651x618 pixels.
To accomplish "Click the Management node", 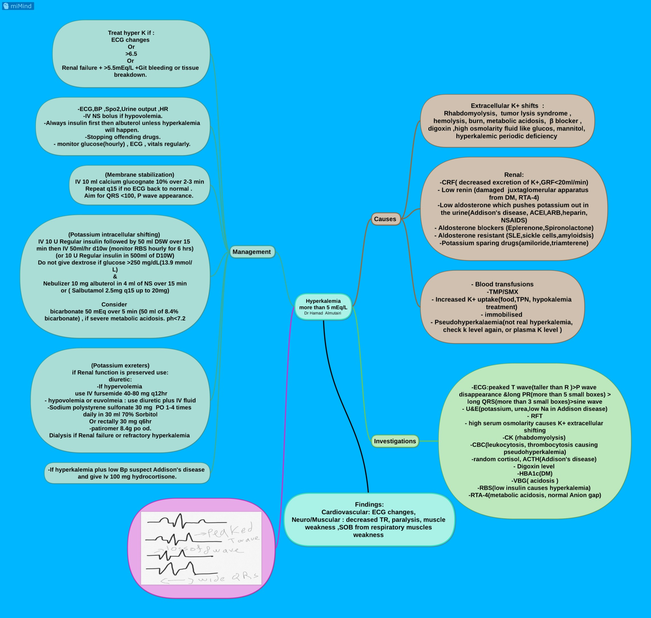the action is click(x=252, y=252).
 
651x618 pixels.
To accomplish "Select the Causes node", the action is click(x=385, y=219).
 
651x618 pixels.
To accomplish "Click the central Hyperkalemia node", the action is click(x=323, y=307).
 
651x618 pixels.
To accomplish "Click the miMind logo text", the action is click(x=21, y=6).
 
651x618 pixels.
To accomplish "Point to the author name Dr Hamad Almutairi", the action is click(x=323, y=313).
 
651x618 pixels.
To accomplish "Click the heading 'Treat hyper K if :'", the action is click(x=131, y=33).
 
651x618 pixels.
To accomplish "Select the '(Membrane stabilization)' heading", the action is click(x=140, y=175).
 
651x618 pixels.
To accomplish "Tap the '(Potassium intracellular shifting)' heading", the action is click(x=114, y=235).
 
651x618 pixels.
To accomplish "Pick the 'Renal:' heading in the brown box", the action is click(x=514, y=175).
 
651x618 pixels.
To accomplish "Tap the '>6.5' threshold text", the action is click(x=131, y=54).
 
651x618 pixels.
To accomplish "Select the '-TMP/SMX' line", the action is click(x=502, y=292).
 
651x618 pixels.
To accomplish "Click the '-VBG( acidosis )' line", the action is click(x=534, y=481).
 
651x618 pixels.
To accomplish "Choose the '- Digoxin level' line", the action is click(x=534, y=466).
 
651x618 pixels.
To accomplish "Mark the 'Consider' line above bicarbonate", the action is click(x=114, y=304).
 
